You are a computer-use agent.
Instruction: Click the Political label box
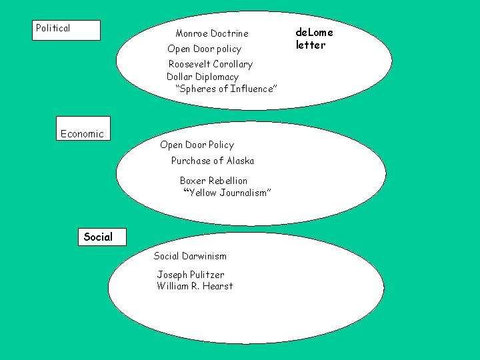(x=67, y=30)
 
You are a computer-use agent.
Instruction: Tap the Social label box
(x=98, y=237)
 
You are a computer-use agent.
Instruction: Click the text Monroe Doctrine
(x=211, y=33)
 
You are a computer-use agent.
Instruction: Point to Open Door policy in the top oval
(x=204, y=49)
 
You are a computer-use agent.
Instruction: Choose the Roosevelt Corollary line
(x=210, y=64)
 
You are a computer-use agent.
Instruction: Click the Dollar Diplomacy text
(x=202, y=77)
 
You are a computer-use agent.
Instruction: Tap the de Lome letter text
(x=314, y=39)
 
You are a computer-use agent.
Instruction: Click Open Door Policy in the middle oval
(x=197, y=145)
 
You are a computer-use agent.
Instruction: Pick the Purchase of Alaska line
(x=212, y=161)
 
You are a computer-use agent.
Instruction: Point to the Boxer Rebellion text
(x=213, y=181)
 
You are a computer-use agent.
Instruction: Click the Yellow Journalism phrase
(x=227, y=193)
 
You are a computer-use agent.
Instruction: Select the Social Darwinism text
(x=190, y=256)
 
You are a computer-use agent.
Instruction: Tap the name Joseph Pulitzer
(x=191, y=275)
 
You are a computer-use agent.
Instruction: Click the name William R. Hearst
(x=195, y=286)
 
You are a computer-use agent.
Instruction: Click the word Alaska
(x=240, y=161)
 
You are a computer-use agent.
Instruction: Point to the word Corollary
(x=233, y=64)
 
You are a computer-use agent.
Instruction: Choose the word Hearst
(x=219, y=286)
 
